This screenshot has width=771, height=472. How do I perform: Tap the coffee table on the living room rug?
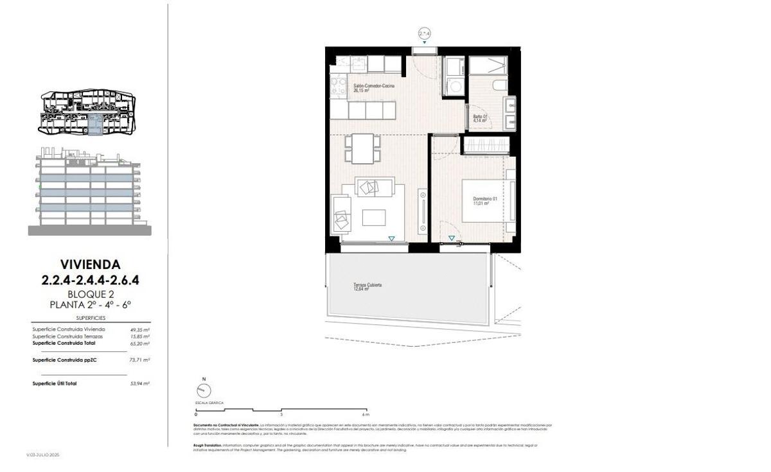tap(374, 218)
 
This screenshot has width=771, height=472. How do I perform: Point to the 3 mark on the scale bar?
tap(281, 414)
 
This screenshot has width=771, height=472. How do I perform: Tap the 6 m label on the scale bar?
tap(366, 414)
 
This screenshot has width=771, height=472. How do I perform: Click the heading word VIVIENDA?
tap(90, 264)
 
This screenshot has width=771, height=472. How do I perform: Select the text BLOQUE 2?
tap(90, 293)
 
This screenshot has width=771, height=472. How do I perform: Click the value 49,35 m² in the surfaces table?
tap(139, 329)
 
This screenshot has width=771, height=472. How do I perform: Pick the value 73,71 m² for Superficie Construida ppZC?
tap(139, 360)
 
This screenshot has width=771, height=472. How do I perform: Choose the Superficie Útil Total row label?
tap(55, 383)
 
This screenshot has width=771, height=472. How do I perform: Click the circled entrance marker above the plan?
tap(424, 33)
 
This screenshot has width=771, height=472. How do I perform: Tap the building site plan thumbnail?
tap(89, 114)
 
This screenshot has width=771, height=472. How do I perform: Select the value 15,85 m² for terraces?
tap(139, 337)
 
